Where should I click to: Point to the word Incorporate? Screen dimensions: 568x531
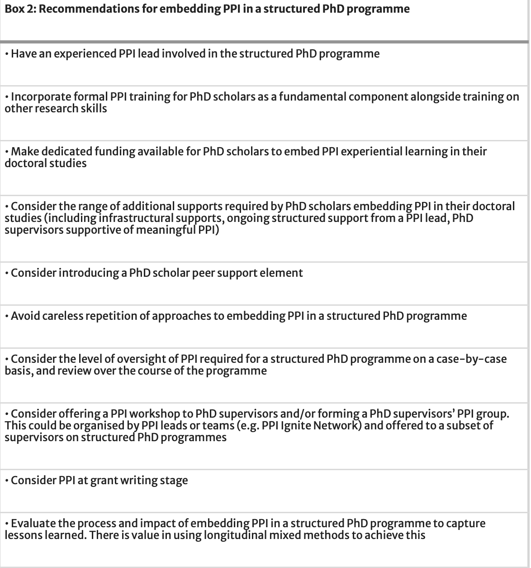[37, 97]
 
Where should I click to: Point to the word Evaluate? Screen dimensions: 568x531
[33, 524]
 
